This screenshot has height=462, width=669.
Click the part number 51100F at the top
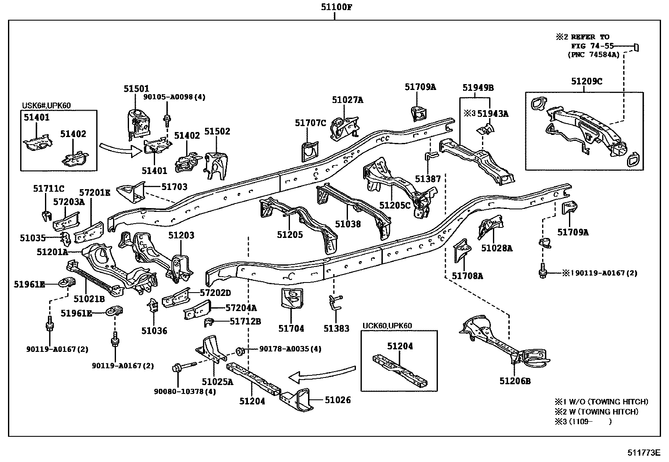click(x=334, y=7)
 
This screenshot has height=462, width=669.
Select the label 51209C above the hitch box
click(x=586, y=81)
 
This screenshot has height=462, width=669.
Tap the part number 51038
click(x=348, y=224)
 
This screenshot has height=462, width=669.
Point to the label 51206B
click(x=515, y=381)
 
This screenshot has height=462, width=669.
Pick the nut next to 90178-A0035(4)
click(x=241, y=350)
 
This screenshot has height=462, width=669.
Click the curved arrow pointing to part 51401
click(x=121, y=149)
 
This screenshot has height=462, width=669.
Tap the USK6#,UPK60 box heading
click(x=46, y=106)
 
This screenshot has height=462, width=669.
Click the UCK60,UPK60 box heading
click(x=387, y=325)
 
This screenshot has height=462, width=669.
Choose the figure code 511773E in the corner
click(x=644, y=452)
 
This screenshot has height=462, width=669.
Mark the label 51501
click(x=136, y=89)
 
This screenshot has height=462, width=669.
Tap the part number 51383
click(x=336, y=328)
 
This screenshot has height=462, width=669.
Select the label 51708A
click(x=467, y=276)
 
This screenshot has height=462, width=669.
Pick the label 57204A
click(x=241, y=308)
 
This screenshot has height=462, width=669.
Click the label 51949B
click(x=478, y=88)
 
